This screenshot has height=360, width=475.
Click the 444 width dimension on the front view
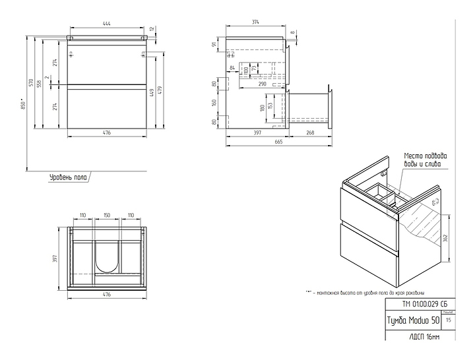pyautogui.click(x=106, y=24)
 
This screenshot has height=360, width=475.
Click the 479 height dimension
pyautogui.click(x=160, y=90)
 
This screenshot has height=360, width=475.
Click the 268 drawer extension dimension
pyautogui.click(x=310, y=133)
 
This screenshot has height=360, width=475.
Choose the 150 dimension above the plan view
pyautogui.click(x=106, y=216)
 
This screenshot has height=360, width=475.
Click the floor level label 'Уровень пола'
pyautogui.click(x=67, y=177)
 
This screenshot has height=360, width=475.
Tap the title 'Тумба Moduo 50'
pyautogui.click(x=412, y=320)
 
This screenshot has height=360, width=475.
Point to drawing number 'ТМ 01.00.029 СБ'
pyautogui.click(x=415, y=304)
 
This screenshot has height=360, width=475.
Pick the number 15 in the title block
pyautogui.click(x=449, y=320)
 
